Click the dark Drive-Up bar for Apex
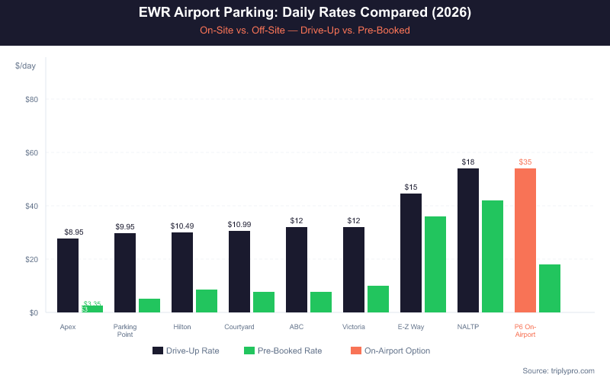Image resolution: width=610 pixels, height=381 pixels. pyautogui.click(x=68, y=275)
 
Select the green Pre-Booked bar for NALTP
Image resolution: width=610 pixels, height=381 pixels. pyautogui.click(x=492, y=256)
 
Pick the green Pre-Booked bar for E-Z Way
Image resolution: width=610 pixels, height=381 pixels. pyautogui.click(x=435, y=264)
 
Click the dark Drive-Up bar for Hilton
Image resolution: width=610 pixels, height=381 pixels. pyautogui.click(x=182, y=272)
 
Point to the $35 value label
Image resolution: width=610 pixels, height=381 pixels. pyautogui.click(x=525, y=162)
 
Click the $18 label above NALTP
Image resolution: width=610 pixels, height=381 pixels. pyautogui.click(x=468, y=162)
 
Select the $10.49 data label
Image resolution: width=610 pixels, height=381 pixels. pyautogui.click(x=182, y=226)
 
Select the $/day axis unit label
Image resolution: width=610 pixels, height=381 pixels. pyautogui.click(x=25, y=66)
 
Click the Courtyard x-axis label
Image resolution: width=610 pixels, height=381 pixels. pyautogui.click(x=239, y=327)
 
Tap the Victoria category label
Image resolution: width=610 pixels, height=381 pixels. pyautogui.click(x=354, y=327)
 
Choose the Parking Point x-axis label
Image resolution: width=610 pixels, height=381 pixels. pyautogui.click(x=125, y=331)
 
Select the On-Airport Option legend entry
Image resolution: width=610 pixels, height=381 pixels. pyautogui.click(x=390, y=351)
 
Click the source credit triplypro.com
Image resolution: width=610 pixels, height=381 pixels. pyautogui.click(x=558, y=370)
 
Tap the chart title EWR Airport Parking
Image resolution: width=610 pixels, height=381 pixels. pyautogui.click(x=305, y=13)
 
